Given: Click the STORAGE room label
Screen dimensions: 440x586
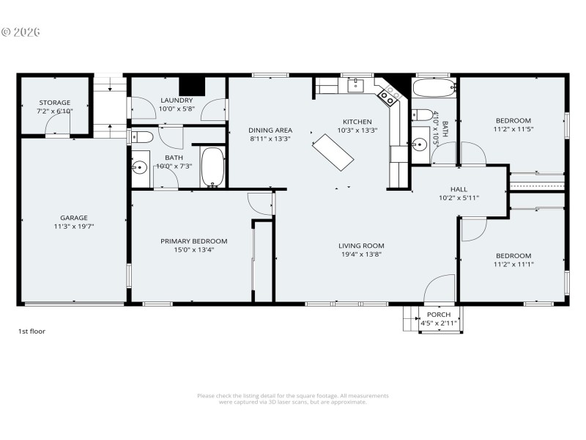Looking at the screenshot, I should click(55, 103).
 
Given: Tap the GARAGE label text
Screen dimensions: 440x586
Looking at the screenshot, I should click(73, 218).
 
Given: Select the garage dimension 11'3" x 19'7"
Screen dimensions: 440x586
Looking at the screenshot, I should click(73, 227).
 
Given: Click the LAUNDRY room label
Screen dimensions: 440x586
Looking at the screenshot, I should click(176, 100).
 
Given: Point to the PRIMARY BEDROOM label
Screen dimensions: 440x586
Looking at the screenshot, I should click(193, 241).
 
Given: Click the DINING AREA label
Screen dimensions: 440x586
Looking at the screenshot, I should click(270, 130).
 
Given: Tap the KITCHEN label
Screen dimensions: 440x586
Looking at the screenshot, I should click(357, 122).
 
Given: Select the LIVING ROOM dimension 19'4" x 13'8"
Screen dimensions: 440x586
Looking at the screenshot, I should click(361, 254).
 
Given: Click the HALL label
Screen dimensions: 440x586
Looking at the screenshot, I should click(458, 188).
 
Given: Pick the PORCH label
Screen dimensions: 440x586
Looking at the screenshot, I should click(439, 315).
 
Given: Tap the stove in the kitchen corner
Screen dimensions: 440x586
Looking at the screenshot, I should click(389, 93).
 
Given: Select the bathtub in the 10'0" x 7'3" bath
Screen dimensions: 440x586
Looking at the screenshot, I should click(212, 167).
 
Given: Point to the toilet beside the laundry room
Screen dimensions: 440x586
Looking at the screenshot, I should click(141, 136).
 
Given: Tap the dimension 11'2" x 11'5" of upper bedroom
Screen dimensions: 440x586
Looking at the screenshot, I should click(513, 130).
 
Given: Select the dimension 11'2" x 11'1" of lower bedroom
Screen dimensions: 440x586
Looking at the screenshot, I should click(513, 264).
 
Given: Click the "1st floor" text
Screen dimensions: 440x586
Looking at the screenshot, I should click(31, 331).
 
